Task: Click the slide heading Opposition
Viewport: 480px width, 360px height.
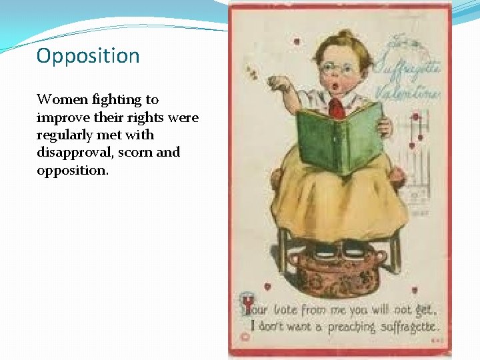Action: point(88,55)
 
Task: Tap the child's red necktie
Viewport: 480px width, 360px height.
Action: point(337,107)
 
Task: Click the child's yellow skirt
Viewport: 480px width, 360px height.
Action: point(340,200)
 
